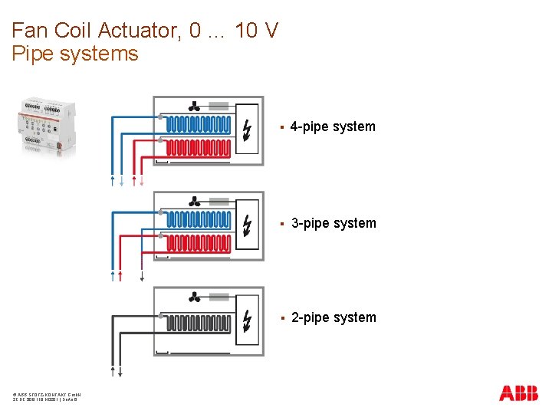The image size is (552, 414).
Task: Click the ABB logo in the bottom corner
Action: pos(518,393)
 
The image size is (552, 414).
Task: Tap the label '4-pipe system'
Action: pos(333,127)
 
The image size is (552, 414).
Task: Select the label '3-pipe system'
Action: pos(333,223)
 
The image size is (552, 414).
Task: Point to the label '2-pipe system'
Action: pos(333,317)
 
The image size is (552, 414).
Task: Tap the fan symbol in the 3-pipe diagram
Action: pos(195,202)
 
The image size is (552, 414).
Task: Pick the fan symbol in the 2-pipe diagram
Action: pos(195,297)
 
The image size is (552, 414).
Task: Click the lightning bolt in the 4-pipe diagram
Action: pos(246,129)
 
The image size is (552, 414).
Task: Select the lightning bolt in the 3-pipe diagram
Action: pos(246,225)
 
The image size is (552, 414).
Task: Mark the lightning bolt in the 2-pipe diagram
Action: pos(246,320)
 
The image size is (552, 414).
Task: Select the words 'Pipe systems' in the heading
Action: pos(75,54)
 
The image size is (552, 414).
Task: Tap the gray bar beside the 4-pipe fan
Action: pos(219,106)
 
